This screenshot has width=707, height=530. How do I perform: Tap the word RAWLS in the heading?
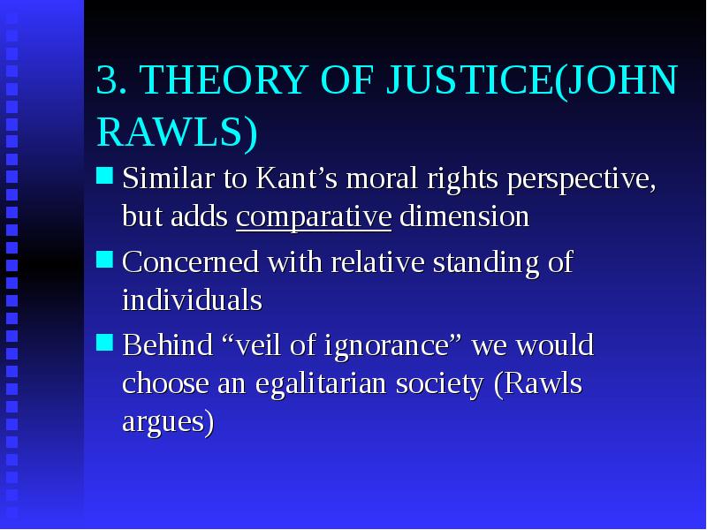pos(171,132)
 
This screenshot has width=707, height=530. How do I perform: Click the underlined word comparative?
pos(314,217)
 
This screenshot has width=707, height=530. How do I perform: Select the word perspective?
pos(581,179)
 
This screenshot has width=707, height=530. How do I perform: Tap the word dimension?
pos(464,216)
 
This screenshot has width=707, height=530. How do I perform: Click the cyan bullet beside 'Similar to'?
pos(104,175)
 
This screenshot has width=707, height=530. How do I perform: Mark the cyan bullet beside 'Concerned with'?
pos(104,260)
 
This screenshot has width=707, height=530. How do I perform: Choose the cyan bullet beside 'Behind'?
pos(104,343)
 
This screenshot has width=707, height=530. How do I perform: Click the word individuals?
pos(192,299)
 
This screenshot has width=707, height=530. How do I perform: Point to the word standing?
pos(485,262)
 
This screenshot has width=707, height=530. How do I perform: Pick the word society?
pos(439,384)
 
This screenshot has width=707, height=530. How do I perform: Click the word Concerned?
pos(191,261)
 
